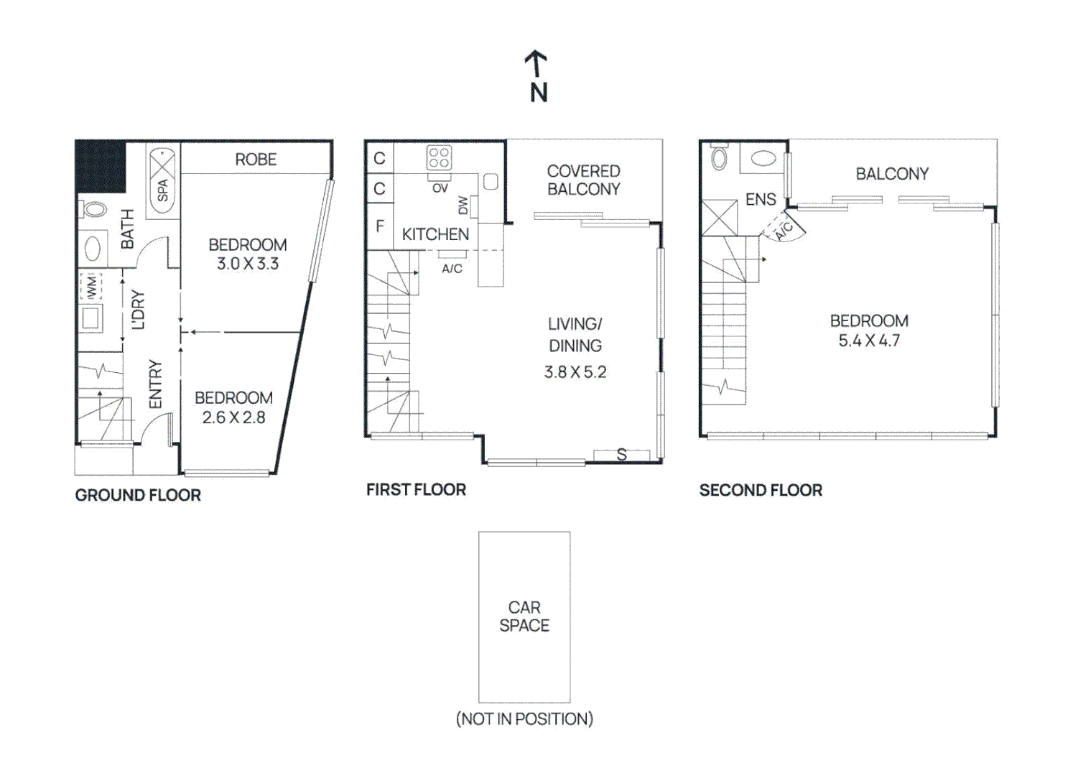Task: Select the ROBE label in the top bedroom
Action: [256, 160]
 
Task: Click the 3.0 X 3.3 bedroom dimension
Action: [248, 264]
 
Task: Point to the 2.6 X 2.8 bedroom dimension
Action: [233, 417]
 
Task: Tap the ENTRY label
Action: [156, 384]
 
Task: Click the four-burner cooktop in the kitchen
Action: [439, 157]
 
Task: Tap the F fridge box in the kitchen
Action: [380, 226]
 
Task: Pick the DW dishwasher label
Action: [463, 205]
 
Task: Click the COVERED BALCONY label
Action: [583, 180]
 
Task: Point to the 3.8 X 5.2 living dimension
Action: [575, 372]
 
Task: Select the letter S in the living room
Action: [622, 454]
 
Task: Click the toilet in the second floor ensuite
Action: [719, 157]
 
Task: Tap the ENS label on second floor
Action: [761, 200]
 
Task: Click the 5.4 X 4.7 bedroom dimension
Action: [869, 341]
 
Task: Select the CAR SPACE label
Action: [524, 616]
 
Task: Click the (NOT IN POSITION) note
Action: [524, 719]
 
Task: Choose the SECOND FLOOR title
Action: [761, 490]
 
